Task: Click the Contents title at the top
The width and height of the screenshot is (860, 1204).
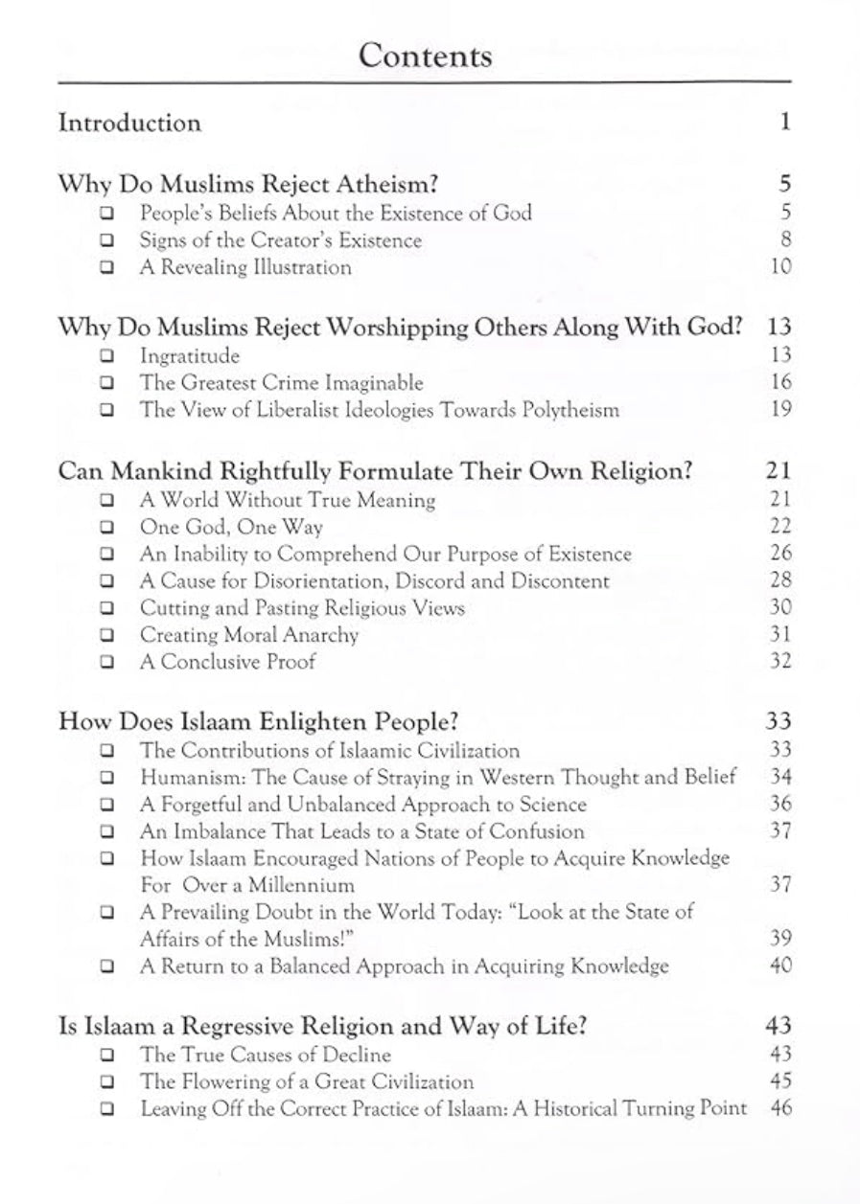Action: coord(425,56)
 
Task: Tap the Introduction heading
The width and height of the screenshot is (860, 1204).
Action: coord(129,123)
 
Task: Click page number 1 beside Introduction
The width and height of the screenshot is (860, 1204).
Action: coord(784,123)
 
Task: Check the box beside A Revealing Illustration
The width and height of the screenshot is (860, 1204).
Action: coord(107,268)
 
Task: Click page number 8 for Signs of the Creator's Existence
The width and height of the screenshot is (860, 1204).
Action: coord(784,240)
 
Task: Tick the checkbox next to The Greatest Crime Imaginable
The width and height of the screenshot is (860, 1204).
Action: coord(107,383)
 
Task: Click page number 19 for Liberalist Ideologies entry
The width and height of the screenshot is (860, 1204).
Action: coord(780,410)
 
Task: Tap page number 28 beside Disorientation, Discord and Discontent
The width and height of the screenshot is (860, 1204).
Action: coord(780,581)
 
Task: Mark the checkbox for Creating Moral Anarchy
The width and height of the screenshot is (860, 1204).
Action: coord(107,636)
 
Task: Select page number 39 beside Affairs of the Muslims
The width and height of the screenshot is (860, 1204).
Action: coord(780,939)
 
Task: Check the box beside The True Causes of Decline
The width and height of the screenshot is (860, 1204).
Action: coord(107,1056)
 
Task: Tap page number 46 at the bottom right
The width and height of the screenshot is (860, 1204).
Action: coord(780,1109)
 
